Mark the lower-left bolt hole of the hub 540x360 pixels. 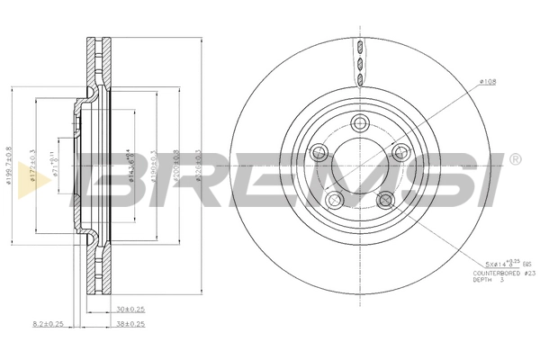click(x=335, y=200)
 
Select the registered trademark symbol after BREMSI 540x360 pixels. click(x=515, y=159)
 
